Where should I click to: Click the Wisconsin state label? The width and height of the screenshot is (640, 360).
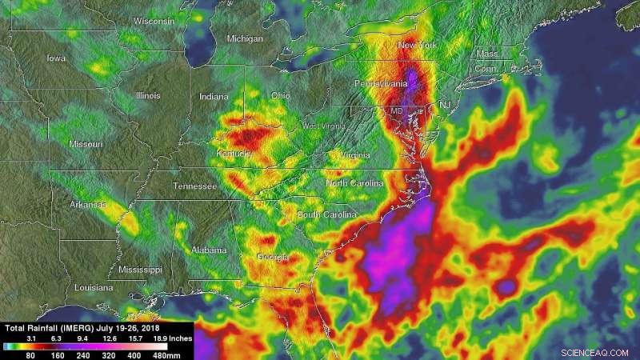153,22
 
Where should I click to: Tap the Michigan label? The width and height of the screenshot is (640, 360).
244,38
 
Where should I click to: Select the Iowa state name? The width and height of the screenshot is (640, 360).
56,58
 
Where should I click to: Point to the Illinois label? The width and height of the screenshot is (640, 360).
148,95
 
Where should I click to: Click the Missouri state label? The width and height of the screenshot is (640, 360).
86,144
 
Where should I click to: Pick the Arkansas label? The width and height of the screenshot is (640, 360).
88,205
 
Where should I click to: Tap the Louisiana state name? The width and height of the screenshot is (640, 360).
94,286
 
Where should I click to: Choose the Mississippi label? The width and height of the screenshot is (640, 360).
139,270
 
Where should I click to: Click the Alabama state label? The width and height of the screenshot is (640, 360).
210,250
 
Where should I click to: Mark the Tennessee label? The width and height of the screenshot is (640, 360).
195,186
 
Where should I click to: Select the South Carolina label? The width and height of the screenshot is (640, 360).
326,215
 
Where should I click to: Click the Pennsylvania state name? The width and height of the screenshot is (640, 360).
382,83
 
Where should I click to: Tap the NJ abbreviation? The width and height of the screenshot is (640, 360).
445,105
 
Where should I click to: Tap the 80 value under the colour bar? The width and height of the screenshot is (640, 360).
32,354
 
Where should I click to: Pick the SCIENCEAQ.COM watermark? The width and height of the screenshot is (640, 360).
597,350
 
